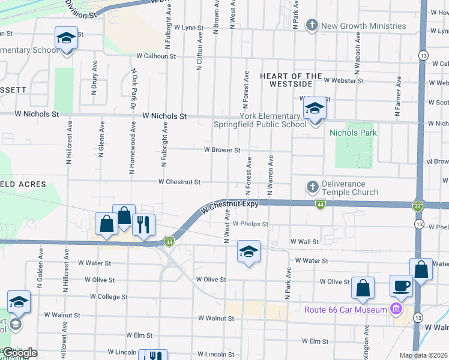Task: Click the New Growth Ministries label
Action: pos(364,26)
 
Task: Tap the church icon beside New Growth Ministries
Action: pos(312,25)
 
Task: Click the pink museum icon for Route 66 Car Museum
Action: pos(396,310)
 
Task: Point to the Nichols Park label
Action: pos(352,133)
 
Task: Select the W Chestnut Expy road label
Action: pos(230,205)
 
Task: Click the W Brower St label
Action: pos(222,150)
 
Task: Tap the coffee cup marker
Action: pos(401,286)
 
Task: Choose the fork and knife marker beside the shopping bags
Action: pos(143,225)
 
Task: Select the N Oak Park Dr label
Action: pos(134,87)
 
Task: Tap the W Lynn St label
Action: pos(189,28)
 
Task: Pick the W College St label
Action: pos(109,296)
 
